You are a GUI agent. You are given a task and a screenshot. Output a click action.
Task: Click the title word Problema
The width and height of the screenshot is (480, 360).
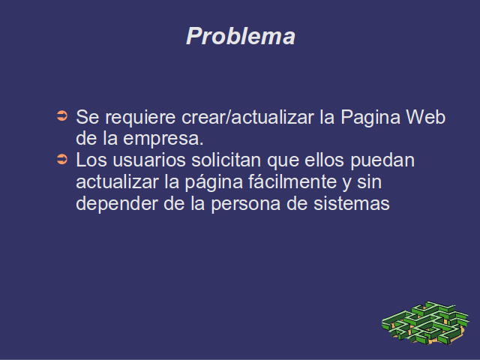(241, 36)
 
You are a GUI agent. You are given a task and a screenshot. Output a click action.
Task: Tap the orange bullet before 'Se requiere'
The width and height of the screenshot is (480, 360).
(62, 116)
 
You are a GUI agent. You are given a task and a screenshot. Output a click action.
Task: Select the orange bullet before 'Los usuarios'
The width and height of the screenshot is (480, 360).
(62, 159)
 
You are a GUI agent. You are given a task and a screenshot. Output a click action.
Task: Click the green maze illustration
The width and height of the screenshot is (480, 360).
(425, 322)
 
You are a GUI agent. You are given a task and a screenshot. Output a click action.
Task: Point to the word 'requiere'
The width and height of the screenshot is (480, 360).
(140, 118)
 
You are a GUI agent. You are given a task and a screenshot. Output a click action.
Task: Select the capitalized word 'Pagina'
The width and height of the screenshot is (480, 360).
(370, 118)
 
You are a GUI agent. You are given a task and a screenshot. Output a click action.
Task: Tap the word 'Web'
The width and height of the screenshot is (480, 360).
(425, 117)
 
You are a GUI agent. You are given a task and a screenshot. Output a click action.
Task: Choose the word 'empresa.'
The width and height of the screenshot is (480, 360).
(163, 139)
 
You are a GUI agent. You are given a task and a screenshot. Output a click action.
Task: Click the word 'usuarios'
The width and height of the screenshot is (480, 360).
(149, 160)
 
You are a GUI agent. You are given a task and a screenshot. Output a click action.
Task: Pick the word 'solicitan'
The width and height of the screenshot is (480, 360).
(226, 160)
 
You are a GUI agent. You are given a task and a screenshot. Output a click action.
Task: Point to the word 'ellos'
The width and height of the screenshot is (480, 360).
(324, 160)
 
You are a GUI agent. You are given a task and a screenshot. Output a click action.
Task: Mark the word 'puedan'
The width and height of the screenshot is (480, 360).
(382, 161)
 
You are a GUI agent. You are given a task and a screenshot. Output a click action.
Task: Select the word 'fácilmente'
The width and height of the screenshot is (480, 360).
(292, 181)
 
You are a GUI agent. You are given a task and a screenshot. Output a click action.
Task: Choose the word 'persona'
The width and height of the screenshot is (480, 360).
(246, 205)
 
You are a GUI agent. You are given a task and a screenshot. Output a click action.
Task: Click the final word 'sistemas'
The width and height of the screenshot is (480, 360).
(352, 203)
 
